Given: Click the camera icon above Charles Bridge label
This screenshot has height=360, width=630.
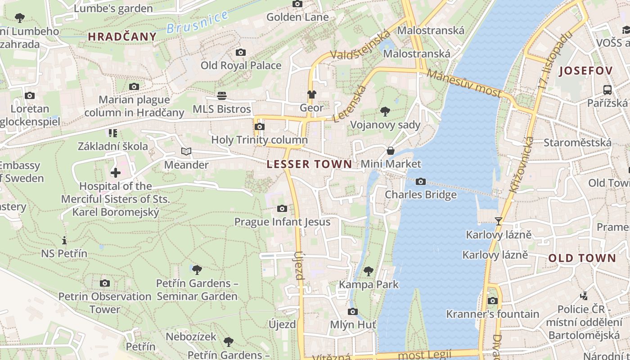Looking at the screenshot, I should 421,182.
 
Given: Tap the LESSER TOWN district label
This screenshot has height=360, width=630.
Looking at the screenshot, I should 309,164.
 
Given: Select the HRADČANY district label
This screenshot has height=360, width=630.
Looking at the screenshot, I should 122,37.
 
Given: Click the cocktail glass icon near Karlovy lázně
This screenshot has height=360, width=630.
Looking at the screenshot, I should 498,221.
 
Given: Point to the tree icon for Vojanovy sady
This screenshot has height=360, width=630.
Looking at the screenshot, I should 385,111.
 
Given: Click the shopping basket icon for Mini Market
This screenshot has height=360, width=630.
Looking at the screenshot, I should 391,151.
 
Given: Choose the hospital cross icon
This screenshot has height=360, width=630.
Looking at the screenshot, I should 115,172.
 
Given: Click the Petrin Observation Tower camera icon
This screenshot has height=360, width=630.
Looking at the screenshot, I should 105,283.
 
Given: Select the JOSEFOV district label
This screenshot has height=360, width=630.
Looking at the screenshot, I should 585,71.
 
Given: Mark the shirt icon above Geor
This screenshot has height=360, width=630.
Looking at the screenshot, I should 311,94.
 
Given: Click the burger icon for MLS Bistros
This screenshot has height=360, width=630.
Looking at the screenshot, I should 221,95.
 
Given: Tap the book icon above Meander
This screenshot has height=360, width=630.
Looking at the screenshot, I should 186,151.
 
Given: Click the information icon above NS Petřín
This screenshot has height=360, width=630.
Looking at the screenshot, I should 64,240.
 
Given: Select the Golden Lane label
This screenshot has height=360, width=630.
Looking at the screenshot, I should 297,17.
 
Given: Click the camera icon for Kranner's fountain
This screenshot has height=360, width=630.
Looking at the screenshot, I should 493,301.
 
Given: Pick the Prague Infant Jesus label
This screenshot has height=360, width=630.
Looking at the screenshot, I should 282,222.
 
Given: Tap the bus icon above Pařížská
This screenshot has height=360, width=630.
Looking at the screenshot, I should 607,90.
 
